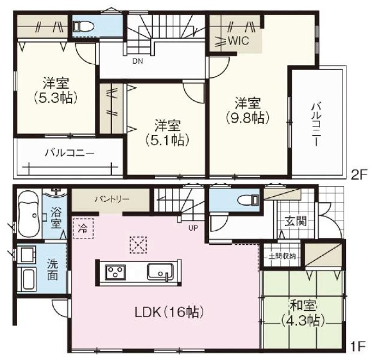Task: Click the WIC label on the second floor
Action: (239, 41)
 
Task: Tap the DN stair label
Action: (137, 62)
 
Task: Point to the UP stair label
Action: (193, 228)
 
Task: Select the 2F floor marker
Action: (358, 176)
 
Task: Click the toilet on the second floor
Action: (83, 26)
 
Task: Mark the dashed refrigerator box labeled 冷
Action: (83, 228)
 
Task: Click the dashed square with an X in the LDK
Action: (138, 245)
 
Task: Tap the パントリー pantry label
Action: (111, 199)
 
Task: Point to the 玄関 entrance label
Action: (296, 222)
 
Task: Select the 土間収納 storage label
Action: (282, 256)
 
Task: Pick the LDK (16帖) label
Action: (169, 312)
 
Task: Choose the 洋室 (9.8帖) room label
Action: (248, 111)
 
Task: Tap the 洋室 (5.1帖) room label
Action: (168, 133)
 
